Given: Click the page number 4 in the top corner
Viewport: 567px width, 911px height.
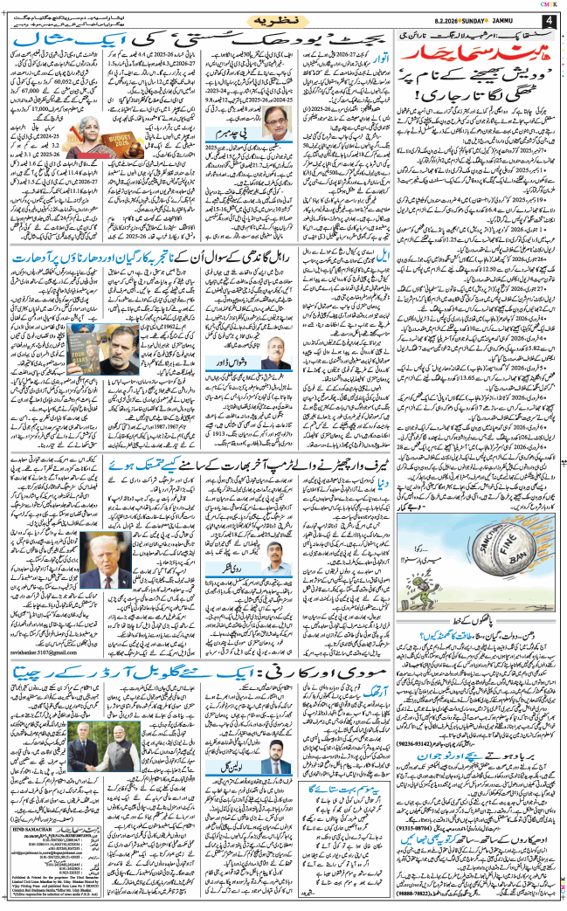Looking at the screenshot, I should point(550,19).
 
